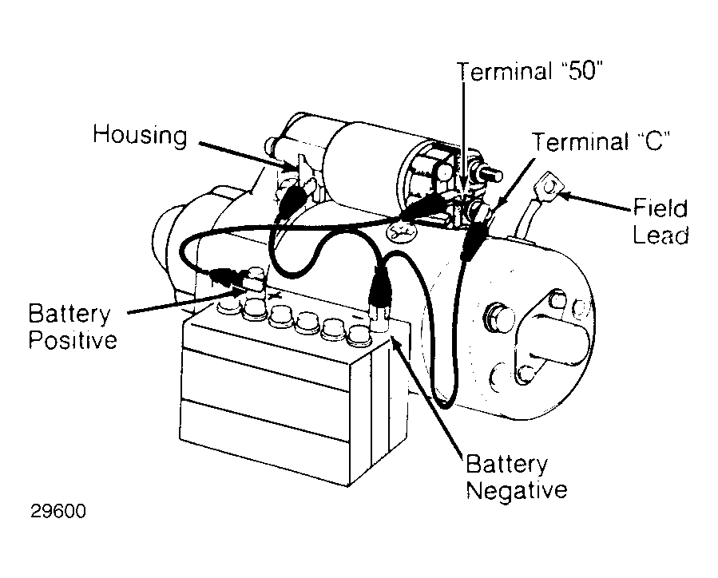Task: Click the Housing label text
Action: [140, 136]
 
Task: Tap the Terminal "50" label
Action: [530, 72]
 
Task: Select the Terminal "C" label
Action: [601, 141]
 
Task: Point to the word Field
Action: [660, 208]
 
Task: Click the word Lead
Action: [660, 235]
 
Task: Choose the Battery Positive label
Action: [73, 327]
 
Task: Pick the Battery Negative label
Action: [517, 477]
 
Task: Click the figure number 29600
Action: [58, 511]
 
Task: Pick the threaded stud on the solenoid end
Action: [490, 174]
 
